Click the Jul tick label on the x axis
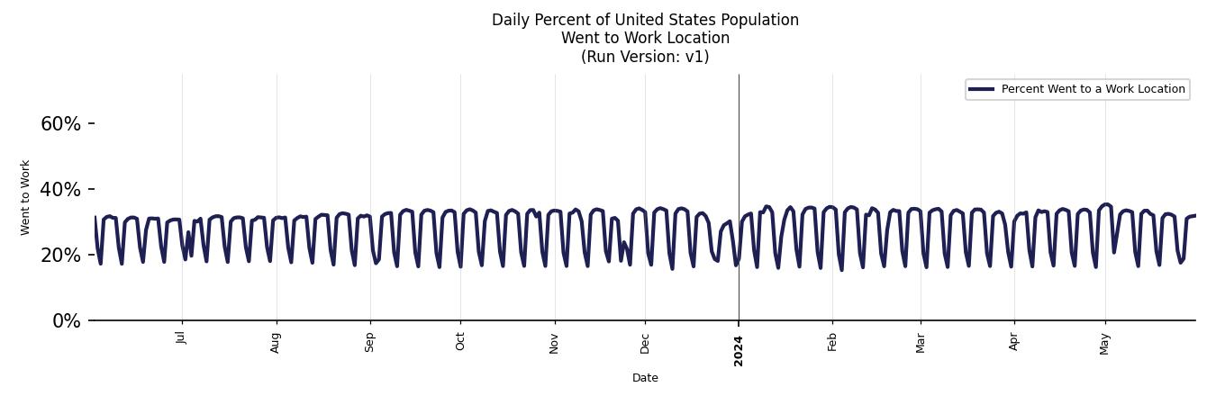[x=182, y=337]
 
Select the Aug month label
[x=277, y=342]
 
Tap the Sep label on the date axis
[x=370, y=342]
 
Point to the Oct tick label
[x=460, y=341]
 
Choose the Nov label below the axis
[x=555, y=342]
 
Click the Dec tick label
[x=645, y=342]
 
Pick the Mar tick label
[x=921, y=342]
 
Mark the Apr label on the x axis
[x=1014, y=342]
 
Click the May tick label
[x=1105, y=343]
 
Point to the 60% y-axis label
[x=60, y=124]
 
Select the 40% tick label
[x=60, y=190]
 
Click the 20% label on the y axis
[x=60, y=256]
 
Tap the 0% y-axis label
[x=66, y=321]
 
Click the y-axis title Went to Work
[x=25, y=197]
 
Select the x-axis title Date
[x=645, y=378]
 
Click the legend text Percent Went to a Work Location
[x=1093, y=89]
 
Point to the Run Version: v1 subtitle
[x=645, y=57]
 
